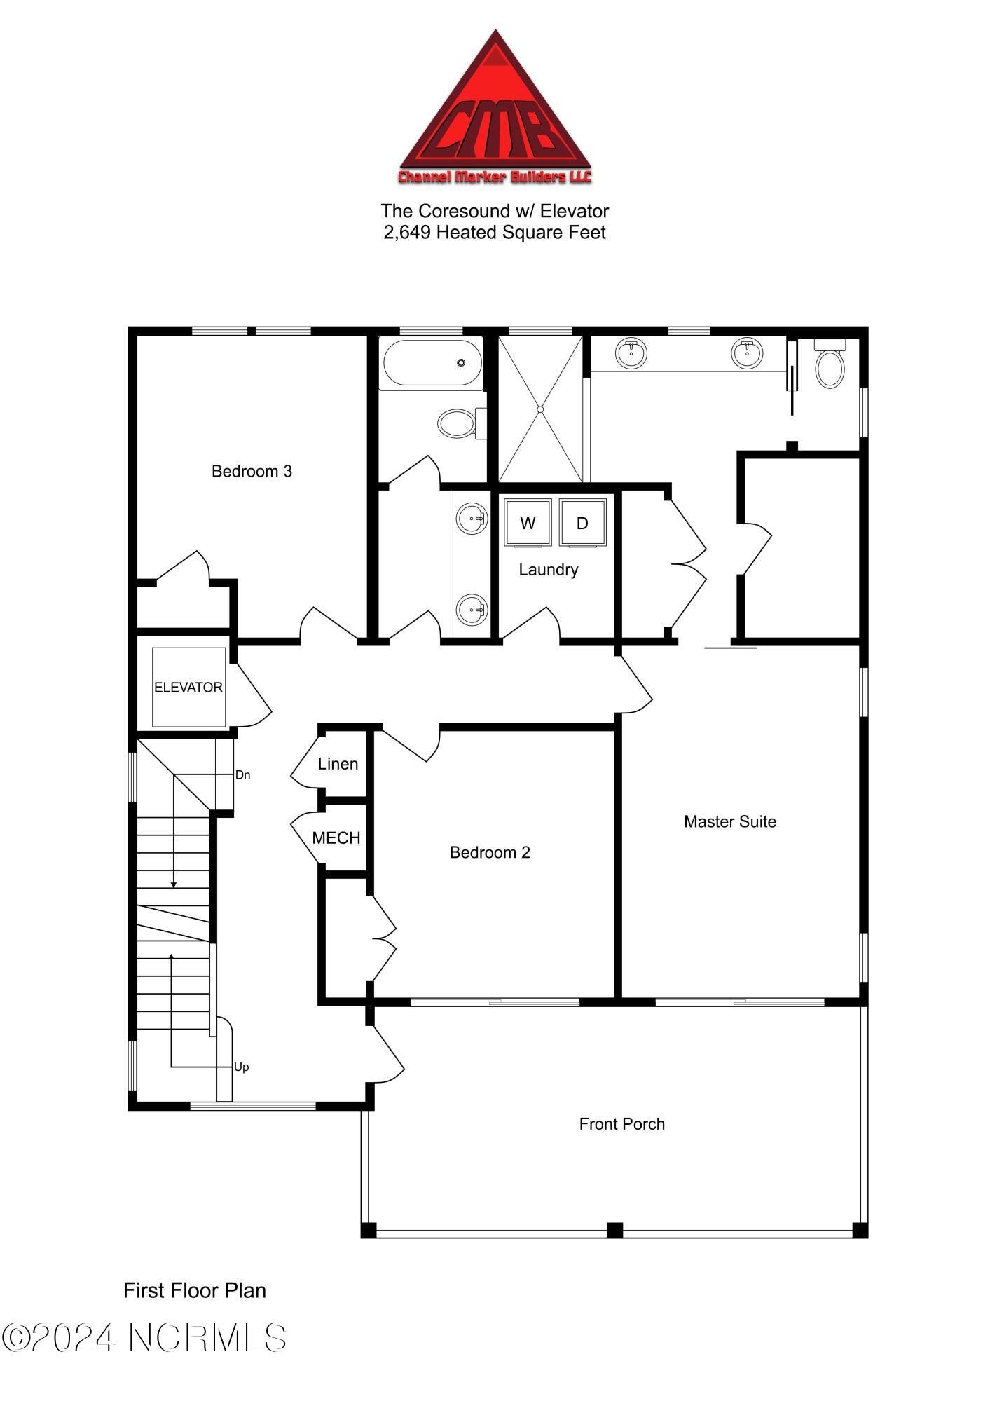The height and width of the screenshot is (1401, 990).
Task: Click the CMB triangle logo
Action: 495,112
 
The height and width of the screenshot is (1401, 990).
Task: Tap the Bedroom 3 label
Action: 252,471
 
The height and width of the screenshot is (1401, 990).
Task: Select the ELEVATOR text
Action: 188,688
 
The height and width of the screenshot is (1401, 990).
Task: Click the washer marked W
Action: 528,522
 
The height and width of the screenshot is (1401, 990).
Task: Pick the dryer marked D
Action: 582,522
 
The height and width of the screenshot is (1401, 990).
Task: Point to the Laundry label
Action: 548,570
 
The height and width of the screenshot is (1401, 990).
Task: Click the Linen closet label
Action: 338,764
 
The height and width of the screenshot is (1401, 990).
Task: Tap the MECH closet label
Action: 336,838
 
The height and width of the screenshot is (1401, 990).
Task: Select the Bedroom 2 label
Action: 490,852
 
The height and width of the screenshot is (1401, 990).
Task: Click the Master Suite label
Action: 730,821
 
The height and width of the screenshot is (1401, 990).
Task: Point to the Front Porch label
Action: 621,1124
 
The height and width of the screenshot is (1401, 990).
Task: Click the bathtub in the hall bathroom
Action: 432,363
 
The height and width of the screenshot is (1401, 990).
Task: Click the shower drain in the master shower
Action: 540,409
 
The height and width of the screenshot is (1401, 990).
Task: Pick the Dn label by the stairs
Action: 242,775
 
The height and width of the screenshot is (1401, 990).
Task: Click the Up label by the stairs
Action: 241,1067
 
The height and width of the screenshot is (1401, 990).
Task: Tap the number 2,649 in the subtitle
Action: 406,232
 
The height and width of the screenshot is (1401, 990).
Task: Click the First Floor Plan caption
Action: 195,1290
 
